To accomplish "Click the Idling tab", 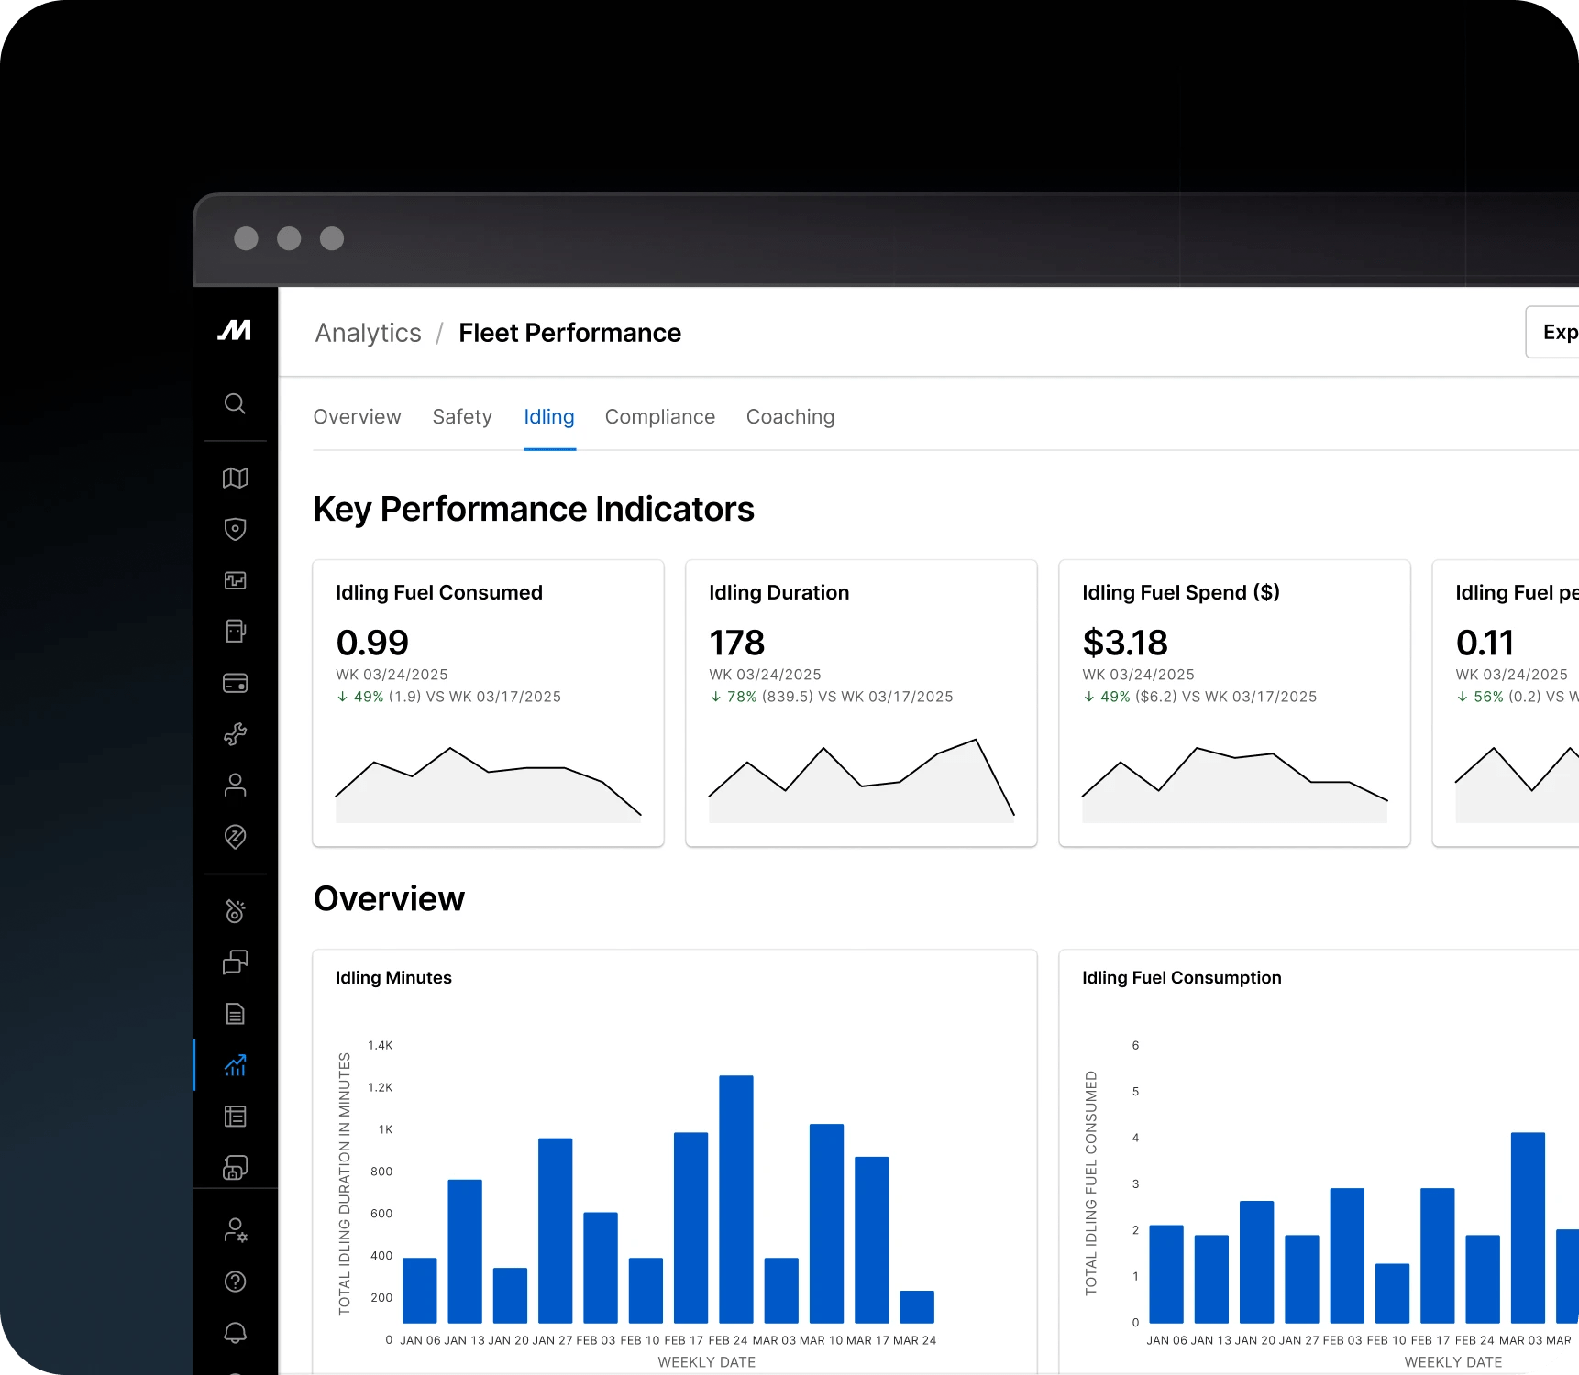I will [x=548, y=417].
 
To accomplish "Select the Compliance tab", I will [x=659, y=417].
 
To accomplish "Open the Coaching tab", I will [x=789, y=417].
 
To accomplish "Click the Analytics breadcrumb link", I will [x=368, y=333].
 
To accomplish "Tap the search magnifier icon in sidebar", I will [x=235, y=403].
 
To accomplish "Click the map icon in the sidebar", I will [x=235, y=478].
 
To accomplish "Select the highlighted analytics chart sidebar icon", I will [x=235, y=1065].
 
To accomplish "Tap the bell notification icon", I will [x=235, y=1332].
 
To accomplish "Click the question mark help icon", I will [x=235, y=1281].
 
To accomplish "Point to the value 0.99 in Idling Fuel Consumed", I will [x=372, y=643].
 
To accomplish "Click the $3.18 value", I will [x=1124, y=643].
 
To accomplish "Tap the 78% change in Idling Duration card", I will [x=741, y=697].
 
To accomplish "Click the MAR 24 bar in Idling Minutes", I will [x=916, y=1306].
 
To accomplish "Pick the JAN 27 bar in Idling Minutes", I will [x=555, y=1230].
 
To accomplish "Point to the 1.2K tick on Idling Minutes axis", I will [x=380, y=1087].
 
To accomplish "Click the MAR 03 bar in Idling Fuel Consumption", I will [x=1527, y=1227].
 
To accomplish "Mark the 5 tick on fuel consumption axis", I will [x=1135, y=1092].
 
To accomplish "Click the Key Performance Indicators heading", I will [x=533, y=509].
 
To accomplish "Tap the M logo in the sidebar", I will [x=235, y=330].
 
